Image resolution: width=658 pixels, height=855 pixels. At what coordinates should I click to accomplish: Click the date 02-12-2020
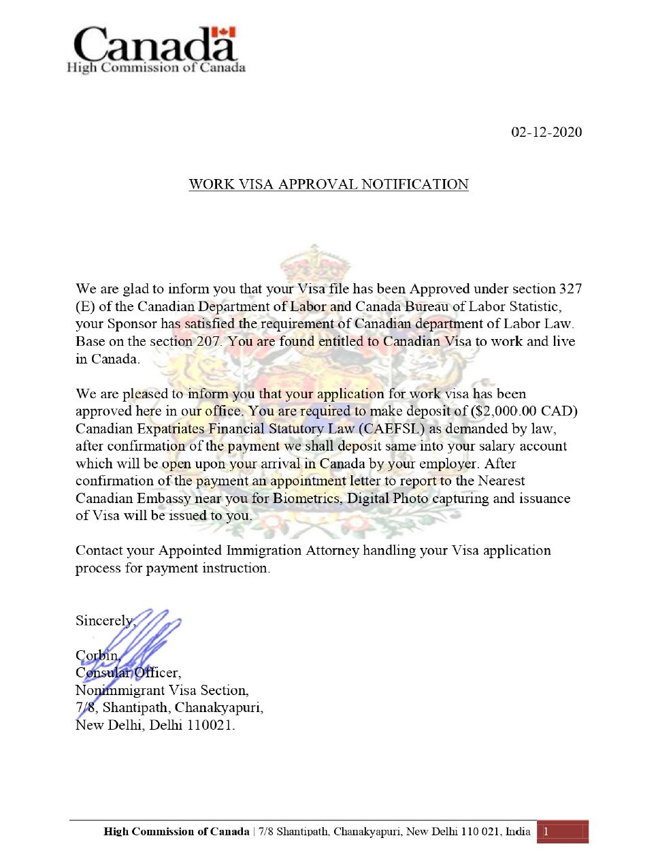(x=546, y=132)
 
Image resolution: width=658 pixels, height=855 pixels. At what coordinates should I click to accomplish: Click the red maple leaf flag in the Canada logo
(x=223, y=33)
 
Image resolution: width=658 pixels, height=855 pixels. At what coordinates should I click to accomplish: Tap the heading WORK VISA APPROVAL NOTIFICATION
(x=329, y=184)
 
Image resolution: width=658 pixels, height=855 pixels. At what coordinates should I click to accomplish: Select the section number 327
(x=570, y=289)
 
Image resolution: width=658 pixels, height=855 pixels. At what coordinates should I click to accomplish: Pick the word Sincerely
(x=104, y=621)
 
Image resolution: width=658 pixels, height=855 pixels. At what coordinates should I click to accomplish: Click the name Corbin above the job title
(x=97, y=656)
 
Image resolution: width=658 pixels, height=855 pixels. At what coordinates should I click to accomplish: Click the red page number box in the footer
(x=562, y=832)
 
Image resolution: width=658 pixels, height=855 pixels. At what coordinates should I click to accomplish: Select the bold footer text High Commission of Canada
(x=176, y=832)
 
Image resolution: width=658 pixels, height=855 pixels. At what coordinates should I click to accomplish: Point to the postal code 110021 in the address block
(x=210, y=725)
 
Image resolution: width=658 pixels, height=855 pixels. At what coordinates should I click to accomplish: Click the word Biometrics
(x=307, y=498)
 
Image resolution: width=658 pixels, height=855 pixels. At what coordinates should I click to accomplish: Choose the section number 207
(x=208, y=342)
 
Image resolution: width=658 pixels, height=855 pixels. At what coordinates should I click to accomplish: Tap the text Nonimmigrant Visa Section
(x=161, y=690)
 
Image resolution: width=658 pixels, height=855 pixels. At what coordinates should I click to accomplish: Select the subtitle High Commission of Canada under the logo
(x=156, y=67)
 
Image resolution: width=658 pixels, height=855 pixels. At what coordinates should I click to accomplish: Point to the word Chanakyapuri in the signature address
(x=218, y=708)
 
